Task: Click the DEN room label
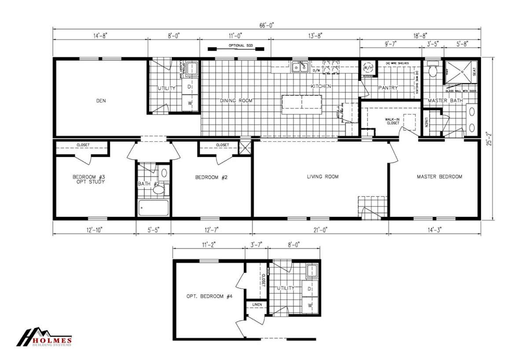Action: tap(101, 101)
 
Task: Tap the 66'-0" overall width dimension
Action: tap(267, 26)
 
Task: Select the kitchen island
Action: tap(301, 104)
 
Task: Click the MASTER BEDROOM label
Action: tap(439, 177)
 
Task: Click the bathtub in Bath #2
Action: tap(154, 208)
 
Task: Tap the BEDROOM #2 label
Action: tap(211, 178)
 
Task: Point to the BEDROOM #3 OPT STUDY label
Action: tap(88, 180)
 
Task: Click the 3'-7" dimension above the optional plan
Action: tap(257, 242)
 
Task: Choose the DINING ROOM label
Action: tap(236, 101)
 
